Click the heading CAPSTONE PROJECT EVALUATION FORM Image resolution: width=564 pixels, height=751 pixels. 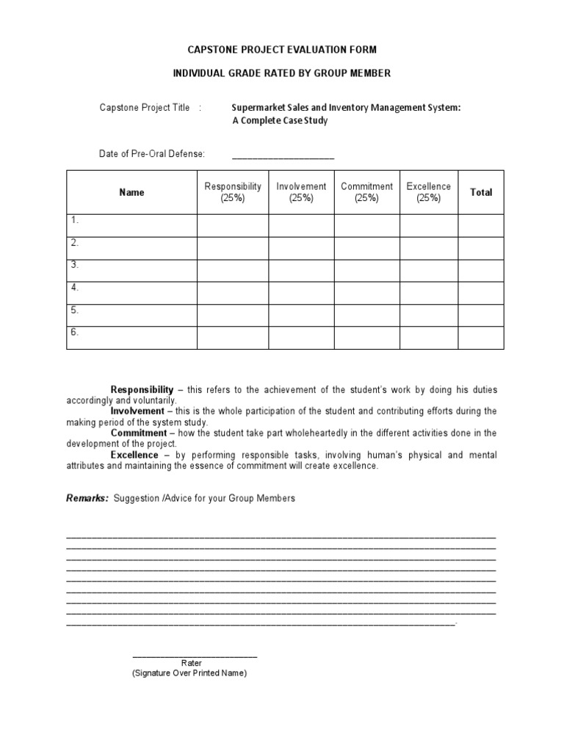282,50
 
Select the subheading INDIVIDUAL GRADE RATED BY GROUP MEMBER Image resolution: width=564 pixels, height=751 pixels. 282,73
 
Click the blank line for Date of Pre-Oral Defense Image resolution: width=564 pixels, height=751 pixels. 283,155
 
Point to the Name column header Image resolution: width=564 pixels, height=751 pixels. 132,192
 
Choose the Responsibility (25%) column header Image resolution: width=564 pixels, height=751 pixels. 233,192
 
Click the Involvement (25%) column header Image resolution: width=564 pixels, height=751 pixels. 301,192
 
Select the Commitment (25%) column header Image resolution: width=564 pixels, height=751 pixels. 366,192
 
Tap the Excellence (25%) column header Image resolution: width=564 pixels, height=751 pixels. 429,192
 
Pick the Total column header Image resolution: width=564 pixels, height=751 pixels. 481,192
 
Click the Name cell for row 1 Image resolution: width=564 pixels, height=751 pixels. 132,225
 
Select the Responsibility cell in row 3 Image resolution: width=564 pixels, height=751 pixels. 233,271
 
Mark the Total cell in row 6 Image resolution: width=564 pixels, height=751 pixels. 481,337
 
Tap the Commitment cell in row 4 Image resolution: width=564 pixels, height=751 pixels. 366,293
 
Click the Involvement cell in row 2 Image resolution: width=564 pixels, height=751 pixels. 301,248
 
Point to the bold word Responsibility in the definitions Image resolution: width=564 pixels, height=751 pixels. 142,389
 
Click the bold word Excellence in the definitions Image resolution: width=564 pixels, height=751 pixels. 134,455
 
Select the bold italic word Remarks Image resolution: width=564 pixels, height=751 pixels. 87,498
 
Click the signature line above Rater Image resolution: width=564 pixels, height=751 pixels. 195,655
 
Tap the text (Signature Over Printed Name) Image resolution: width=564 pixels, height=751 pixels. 189,673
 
